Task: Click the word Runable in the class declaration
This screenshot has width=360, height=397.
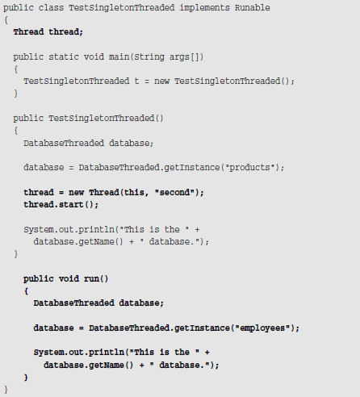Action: [252, 7]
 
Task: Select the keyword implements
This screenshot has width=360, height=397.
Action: [204, 8]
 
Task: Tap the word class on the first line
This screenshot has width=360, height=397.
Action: [51, 7]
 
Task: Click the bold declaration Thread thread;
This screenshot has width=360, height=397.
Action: [48, 32]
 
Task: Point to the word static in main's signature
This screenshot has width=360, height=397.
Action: [64, 56]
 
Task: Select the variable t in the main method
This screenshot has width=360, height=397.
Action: [136, 81]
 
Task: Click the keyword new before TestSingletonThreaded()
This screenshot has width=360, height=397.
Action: [161, 81]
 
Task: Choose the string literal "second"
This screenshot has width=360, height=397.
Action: [174, 192]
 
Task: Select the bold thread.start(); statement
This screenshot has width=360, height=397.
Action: [61, 205]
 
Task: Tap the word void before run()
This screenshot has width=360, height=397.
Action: [69, 278]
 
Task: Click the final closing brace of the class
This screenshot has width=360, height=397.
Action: [6, 390]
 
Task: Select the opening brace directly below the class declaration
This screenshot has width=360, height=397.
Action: [6, 20]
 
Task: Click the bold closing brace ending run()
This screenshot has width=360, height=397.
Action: [26, 378]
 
